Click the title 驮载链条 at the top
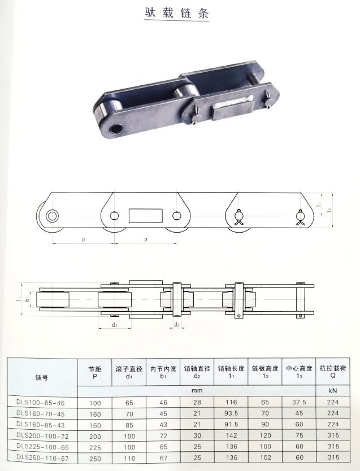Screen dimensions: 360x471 177,13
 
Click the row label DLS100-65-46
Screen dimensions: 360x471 41,403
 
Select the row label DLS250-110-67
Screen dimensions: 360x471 43,459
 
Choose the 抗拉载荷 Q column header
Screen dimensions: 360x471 333,372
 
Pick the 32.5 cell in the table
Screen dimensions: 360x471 299,402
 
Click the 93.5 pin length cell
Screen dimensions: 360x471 231,413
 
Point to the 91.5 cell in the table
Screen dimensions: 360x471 231,425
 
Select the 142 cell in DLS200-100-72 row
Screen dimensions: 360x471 231,435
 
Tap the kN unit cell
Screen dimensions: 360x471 333,391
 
